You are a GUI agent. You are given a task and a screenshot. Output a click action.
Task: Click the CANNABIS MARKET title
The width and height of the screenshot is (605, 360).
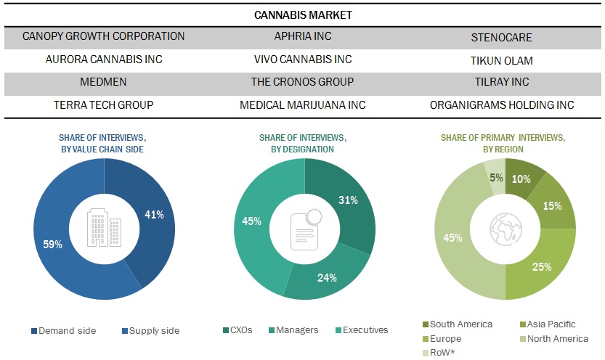302,14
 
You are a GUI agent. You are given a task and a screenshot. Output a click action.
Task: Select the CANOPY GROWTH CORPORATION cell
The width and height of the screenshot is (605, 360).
104,36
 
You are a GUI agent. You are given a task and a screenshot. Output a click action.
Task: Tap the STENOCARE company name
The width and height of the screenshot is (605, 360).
501,36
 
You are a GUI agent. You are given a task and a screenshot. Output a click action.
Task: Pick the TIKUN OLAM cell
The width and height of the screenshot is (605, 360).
501,60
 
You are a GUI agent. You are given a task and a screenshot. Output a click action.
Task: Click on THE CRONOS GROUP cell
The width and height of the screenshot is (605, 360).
302,82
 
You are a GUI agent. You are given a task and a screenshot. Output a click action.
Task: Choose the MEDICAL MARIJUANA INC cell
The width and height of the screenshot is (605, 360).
302,105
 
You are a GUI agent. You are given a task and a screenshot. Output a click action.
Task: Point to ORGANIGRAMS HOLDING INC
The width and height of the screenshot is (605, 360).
501,105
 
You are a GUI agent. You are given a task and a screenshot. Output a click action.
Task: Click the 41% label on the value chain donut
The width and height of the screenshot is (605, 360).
154,215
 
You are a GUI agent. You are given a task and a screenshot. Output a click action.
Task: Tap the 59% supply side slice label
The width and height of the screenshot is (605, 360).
52,245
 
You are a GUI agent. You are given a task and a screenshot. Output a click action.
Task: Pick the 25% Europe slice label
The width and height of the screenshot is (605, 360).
541,267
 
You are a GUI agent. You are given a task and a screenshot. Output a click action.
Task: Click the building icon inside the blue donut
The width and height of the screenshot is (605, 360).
104,228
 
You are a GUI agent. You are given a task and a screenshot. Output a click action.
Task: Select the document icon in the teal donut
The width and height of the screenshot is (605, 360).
304,228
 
